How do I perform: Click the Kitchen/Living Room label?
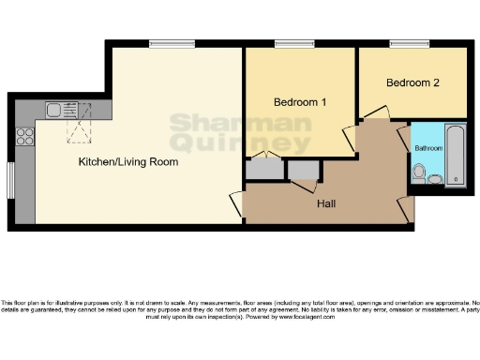click(127, 161)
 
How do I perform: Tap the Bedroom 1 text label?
click(300, 102)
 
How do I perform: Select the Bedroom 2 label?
click(413, 82)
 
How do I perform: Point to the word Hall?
click(326, 203)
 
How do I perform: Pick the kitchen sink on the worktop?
click(54, 110)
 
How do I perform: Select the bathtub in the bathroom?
click(456, 155)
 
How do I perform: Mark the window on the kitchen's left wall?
click(11, 180)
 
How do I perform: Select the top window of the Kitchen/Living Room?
click(172, 43)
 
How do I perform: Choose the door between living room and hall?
click(236, 205)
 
